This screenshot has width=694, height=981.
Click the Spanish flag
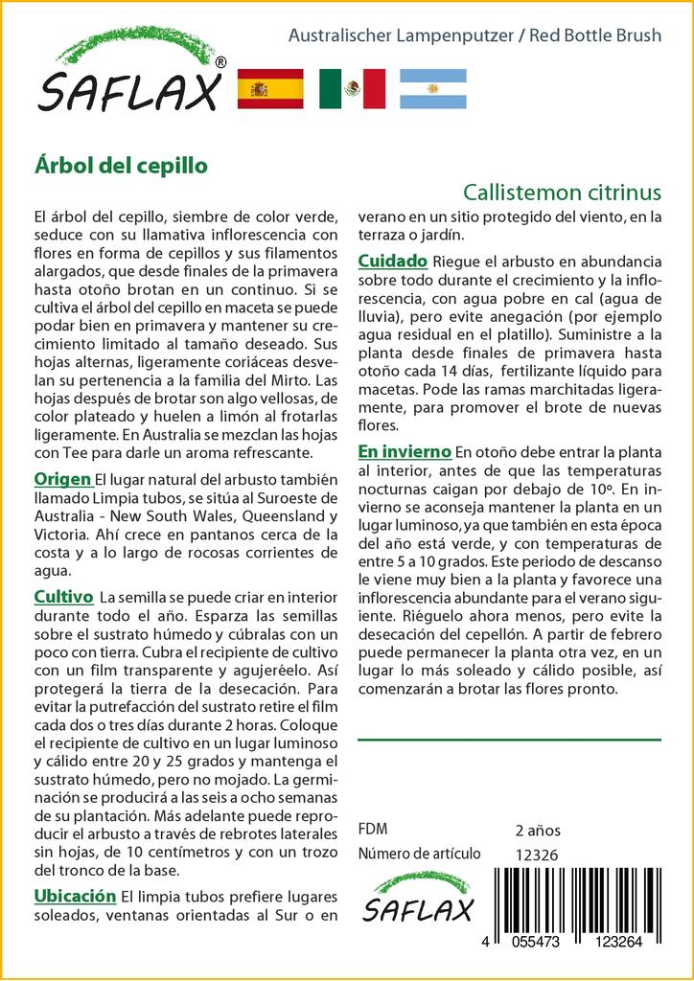[x=269, y=89]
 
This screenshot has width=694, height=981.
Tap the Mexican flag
[x=352, y=89]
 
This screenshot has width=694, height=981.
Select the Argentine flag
[x=433, y=89]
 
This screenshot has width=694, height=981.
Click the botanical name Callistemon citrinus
[x=561, y=191]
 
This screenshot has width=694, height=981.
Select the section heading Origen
[x=62, y=479]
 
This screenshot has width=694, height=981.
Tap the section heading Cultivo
[x=63, y=597]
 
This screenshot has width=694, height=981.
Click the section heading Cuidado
[x=393, y=261]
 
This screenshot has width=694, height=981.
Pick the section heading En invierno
[x=405, y=450]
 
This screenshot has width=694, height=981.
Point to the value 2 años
[x=538, y=830]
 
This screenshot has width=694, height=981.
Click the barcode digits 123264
[x=614, y=943]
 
